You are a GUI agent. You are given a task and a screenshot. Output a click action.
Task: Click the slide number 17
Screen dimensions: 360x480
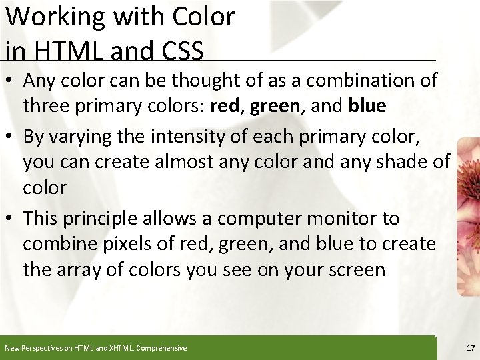[x=469, y=348]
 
